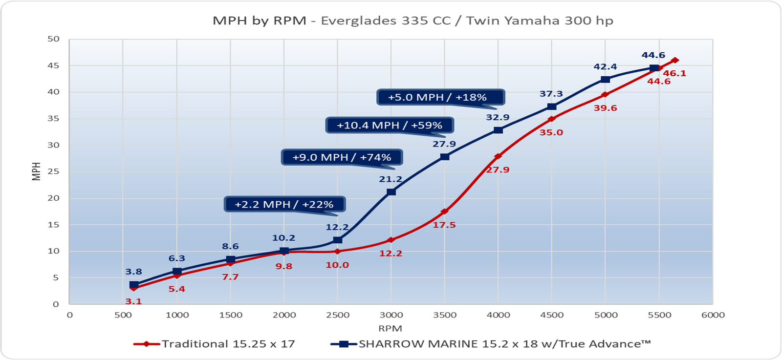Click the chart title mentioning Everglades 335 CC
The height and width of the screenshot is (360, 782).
(x=413, y=21)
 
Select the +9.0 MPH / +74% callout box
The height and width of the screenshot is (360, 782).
(x=342, y=157)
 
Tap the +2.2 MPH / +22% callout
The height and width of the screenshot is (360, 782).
(x=284, y=204)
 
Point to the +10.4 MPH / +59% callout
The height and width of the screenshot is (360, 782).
(x=389, y=125)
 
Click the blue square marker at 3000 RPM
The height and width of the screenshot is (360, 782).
(x=391, y=192)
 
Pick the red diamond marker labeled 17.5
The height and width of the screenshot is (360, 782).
(x=444, y=212)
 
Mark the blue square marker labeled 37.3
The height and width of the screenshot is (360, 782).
(x=552, y=106)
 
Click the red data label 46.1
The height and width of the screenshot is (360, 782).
(x=674, y=74)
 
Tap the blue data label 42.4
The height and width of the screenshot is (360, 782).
(x=605, y=67)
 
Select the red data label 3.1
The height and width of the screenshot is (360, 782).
(x=133, y=301)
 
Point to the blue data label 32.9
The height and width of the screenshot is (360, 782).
(x=498, y=117)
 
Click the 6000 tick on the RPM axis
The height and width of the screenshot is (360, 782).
(x=713, y=315)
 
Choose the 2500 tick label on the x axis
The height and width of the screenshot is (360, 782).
(x=337, y=315)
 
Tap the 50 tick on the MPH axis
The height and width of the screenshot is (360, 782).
(x=53, y=39)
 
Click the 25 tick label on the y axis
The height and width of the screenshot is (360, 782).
(x=53, y=171)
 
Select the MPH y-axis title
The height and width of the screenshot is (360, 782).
(x=36, y=171)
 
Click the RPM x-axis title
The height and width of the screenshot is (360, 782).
(x=390, y=328)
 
